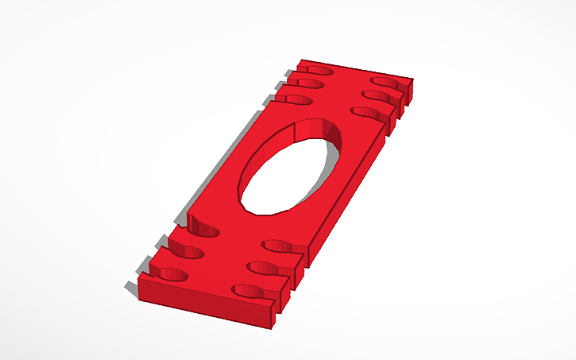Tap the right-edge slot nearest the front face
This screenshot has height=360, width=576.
tap(252, 291)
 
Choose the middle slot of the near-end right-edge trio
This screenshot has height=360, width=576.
tap(267, 267)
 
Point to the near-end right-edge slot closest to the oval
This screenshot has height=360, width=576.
tap(280, 245)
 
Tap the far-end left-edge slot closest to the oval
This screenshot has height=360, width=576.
tap(295, 99)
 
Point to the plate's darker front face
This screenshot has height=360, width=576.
tap(207, 302)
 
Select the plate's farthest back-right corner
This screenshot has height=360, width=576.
tap(412, 79)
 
